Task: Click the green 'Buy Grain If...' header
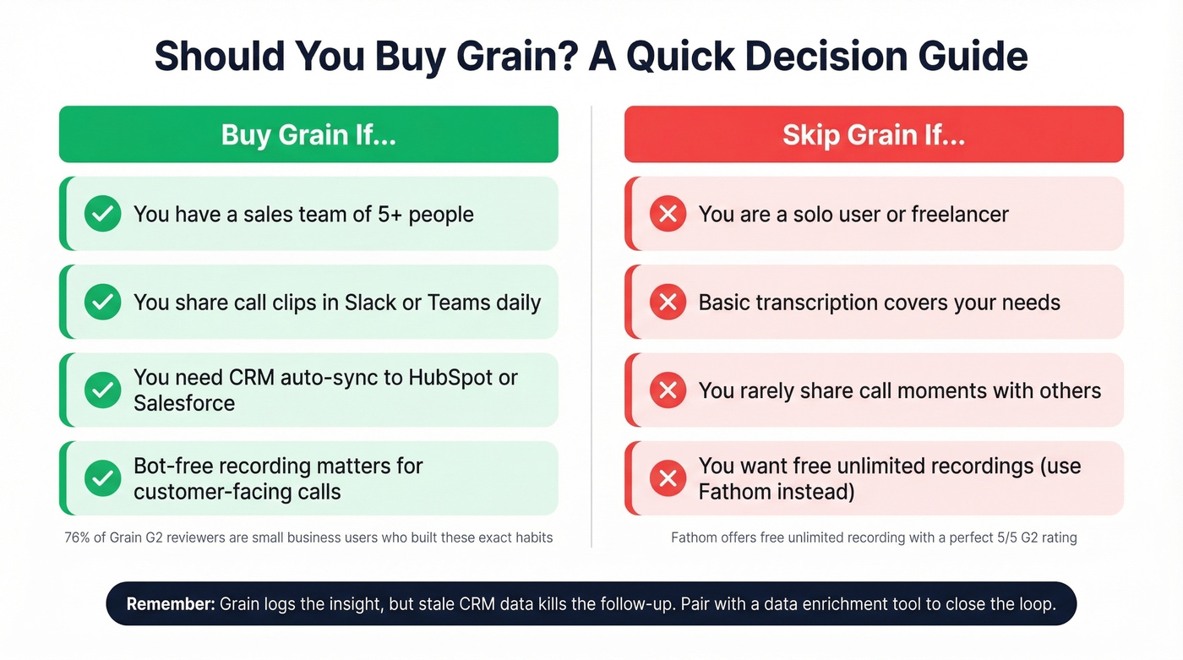click(x=308, y=134)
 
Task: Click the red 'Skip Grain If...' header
click(x=874, y=134)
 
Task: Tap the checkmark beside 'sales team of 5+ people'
click(x=103, y=215)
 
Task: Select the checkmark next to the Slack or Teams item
click(x=103, y=303)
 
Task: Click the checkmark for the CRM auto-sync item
click(x=103, y=390)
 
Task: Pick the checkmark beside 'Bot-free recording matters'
click(x=103, y=478)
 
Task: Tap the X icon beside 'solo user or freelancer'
click(x=668, y=215)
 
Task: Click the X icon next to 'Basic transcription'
click(x=668, y=303)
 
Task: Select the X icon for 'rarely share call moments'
click(x=668, y=390)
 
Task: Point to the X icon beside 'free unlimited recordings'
click(x=668, y=478)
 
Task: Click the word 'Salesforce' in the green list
click(x=184, y=403)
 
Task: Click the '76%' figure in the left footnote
click(x=76, y=537)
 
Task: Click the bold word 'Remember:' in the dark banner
click(x=170, y=604)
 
